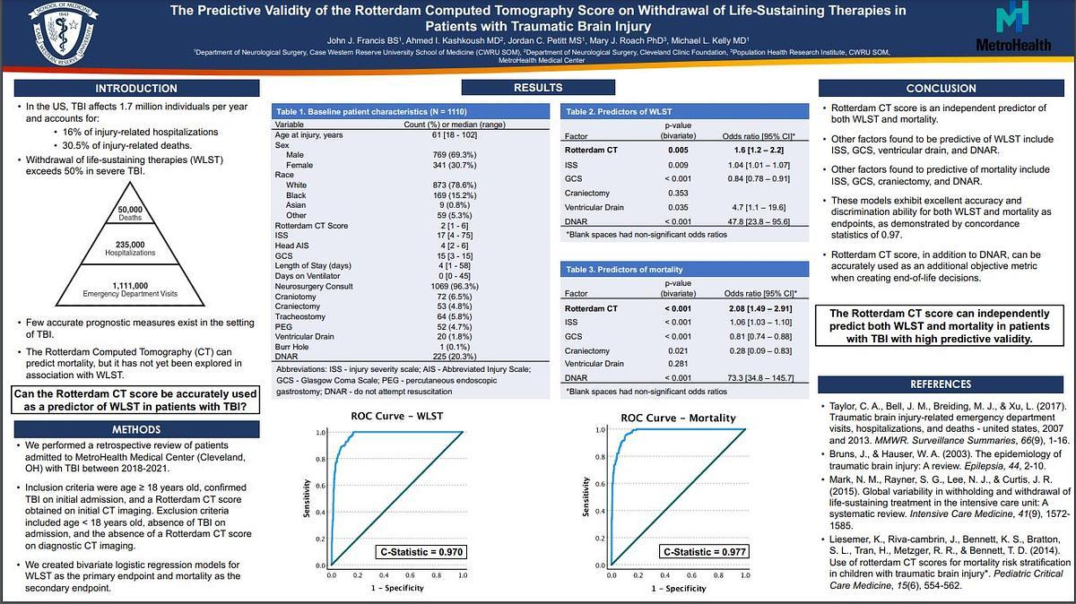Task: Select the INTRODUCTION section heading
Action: [135, 89]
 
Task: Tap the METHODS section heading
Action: [135, 428]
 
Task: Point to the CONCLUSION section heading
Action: [941, 89]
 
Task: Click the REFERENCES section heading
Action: [941, 384]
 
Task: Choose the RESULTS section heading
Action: [538, 88]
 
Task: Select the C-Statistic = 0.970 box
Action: [421, 552]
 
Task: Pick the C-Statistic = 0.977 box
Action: [703, 552]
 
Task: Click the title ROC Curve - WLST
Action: [397, 418]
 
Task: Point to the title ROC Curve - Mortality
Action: [678, 418]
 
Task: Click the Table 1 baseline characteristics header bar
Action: [408, 111]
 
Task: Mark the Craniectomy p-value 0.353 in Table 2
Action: [679, 193]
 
